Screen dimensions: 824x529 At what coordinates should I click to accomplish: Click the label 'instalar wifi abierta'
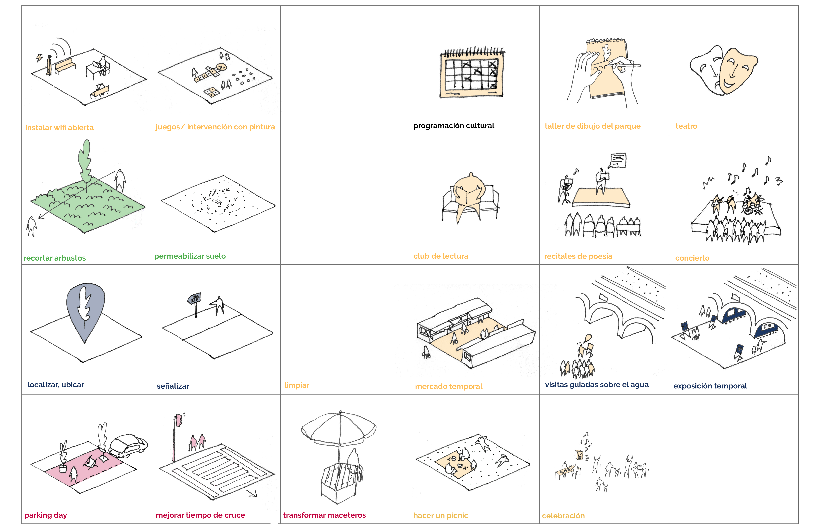[59, 127]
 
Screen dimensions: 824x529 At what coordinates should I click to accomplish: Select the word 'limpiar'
[297, 385]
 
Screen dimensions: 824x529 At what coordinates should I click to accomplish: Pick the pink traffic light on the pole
[178, 420]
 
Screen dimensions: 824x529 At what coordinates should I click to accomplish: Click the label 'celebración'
[563, 516]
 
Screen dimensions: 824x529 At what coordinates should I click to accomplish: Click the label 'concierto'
[692, 258]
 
